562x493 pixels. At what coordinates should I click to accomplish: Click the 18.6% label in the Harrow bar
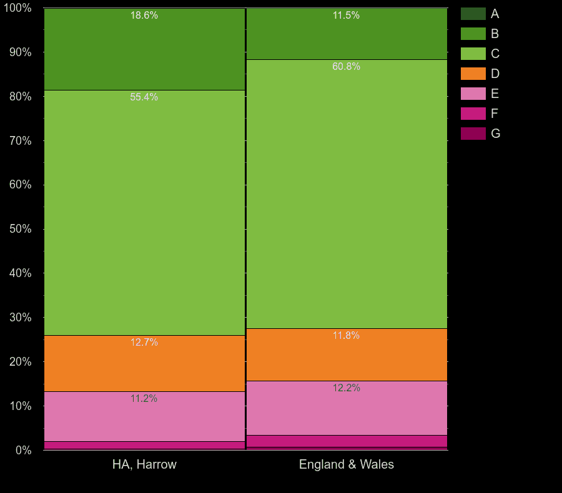pyautogui.click(x=144, y=16)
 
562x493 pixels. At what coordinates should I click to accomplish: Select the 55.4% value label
pyautogui.click(x=144, y=97)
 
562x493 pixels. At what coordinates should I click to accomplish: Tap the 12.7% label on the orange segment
pyautogui.click(x=144, y=343)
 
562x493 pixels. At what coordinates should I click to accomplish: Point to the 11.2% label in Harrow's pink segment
pyautogui.click(x=144, y=399)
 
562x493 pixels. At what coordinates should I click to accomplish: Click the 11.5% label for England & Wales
pyautogui.click(x=346, y=16)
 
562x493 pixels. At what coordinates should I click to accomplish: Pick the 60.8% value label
pyautogui.click(x=346, y=67)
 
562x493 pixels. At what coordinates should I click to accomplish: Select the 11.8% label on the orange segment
pyautogui.click(x=346, y=336)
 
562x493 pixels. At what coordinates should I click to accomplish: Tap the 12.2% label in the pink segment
pyautogui.click(x=346, y=388)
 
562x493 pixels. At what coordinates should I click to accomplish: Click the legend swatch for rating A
pyautogui.click(x=473, y=14)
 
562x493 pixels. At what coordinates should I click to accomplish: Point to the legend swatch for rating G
pyautogui.click(x=473, y=134)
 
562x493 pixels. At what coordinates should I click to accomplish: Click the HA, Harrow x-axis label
pyautogui.click(x=144, y=464)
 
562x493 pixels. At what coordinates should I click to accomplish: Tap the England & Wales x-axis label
pyautogui.click(x=347, y=464)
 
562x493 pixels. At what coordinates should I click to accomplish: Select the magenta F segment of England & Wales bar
pyautogui.click(x=347, y=441)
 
